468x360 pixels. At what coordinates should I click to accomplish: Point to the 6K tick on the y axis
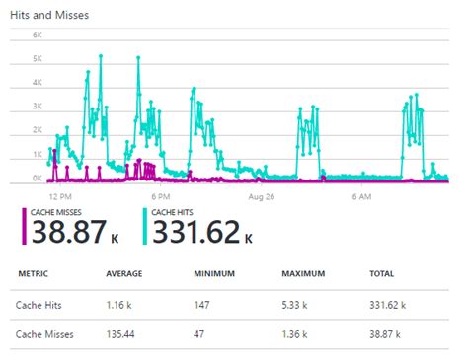tap(37, 35)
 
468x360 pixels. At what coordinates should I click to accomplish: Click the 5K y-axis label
tap(37, 58)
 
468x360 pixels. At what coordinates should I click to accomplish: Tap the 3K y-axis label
tap(37, 107)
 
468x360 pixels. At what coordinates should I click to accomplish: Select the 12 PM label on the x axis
tap(61, 197)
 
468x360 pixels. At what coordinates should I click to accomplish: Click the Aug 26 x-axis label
tap(262, 197)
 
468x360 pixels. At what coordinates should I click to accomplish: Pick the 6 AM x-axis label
tap(361, 197)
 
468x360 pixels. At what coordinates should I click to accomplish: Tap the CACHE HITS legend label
tap(177, 211)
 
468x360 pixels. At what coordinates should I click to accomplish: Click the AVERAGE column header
tap(125, 274)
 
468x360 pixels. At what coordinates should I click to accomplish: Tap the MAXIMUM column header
tap(303, 274)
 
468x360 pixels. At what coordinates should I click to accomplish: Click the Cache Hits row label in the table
tap(39, 307)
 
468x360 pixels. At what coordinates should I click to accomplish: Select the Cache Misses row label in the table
tap(44, 335)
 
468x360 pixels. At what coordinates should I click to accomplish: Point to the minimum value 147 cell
tap(202, 307)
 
